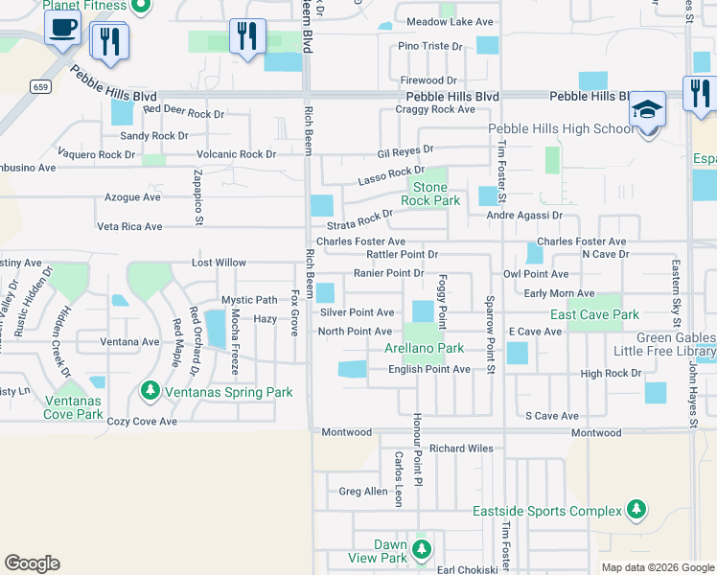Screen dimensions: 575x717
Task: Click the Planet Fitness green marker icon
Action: click(x=141, y=8)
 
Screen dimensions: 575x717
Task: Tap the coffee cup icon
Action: click(x=62, y=30)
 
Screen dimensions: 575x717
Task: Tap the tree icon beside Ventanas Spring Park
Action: click(x=150, y=390)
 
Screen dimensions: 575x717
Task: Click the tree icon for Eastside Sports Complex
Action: click(x=636, y=511)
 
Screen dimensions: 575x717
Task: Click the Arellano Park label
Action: click(x=425, y=349)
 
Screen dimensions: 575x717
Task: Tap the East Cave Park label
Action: click(x=594, y=314)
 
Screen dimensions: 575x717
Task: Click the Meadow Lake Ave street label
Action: click(x=436, y=21)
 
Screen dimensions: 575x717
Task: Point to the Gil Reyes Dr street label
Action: click(x=405, y=151)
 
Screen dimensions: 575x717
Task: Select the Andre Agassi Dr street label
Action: click(x=523, y=216)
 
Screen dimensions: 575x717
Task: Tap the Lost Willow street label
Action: click(x=219, y=262)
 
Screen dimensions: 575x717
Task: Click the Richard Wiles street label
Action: click(x=461, y=448)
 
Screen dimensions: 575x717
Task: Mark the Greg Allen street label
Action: click(x=363, y=492)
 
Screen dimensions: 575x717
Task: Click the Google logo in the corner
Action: click(x=32, y=563)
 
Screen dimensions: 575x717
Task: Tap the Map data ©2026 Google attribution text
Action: click(x=657, y=567)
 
